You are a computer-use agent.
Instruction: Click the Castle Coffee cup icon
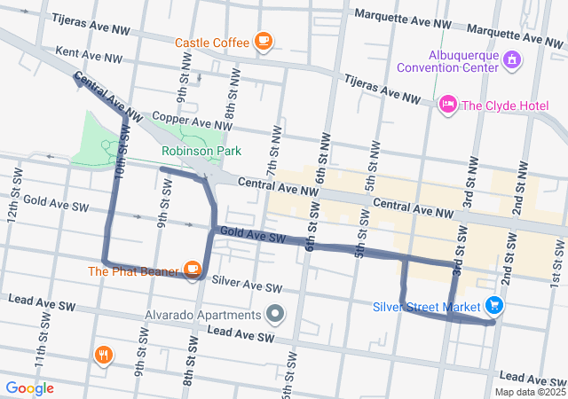click(x=263, y=41)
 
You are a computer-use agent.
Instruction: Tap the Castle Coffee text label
click(x=211, y=42)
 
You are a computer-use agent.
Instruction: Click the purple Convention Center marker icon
click(x=511, y=59)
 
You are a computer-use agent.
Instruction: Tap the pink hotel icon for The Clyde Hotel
click(x=448, y=106)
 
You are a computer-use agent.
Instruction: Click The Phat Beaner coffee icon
click(x=192, y=268)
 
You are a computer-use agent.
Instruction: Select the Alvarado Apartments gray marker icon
click(x=275, y=315)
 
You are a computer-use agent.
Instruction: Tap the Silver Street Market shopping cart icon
click(x=494, y=307)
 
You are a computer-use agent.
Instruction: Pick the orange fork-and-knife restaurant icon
click(x=104, y=356)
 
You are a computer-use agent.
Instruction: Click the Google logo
click(x=30, y=388)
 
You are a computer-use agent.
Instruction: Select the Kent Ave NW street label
click(x=88, y=55)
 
